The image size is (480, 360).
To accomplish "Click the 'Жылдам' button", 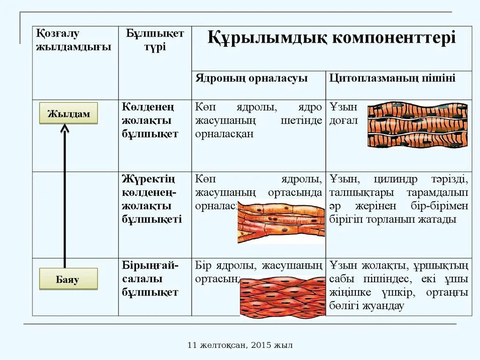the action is pos(68,113).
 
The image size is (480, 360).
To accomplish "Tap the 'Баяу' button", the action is pos(68,280).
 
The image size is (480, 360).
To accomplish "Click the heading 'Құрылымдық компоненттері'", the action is pos(331,37).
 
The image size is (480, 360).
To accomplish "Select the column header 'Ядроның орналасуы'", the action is pos(251,78).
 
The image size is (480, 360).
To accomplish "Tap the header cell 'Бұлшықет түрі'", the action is pos(155,40).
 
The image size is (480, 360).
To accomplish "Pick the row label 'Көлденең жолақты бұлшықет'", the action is pos(150,120).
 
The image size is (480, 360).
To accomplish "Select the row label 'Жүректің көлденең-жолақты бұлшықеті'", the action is pos(152,199).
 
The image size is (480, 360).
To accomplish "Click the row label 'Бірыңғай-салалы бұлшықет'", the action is pos(150,279).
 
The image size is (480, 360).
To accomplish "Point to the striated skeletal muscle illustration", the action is pos(417,125).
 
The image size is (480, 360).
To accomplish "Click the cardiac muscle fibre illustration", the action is pos(281,223).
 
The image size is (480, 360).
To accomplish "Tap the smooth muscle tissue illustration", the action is pos(282,298).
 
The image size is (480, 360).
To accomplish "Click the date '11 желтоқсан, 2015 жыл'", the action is pos(240,345).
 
